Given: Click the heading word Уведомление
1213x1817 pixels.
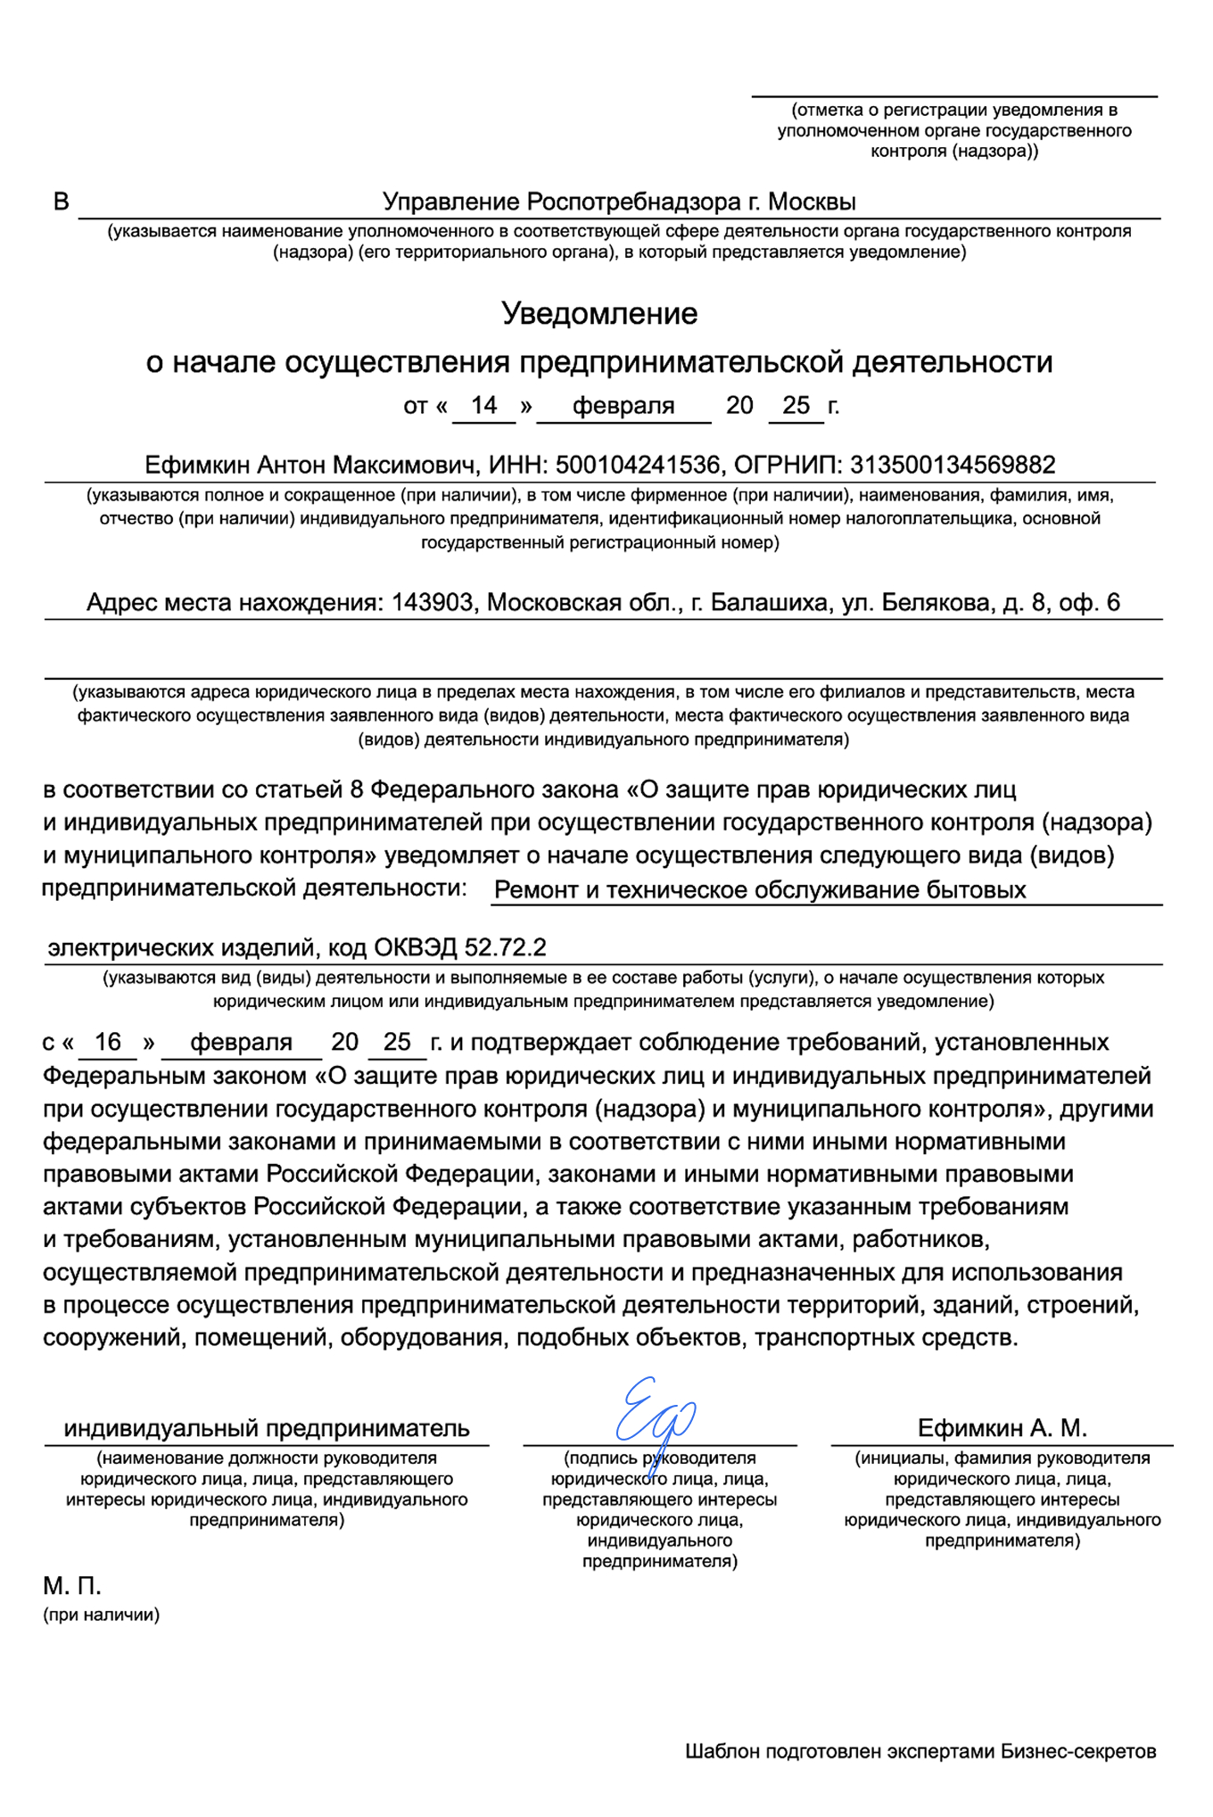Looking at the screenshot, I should (x=599, y=314).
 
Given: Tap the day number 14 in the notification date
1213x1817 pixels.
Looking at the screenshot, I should (x=483, y=406).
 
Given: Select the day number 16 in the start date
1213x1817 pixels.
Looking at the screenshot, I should (x=107, y=1042).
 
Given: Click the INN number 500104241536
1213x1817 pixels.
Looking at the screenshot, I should (x=637, y=465).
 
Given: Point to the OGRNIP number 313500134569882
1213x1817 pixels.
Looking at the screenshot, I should (x=953, y=465).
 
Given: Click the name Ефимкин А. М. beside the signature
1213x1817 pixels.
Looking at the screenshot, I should (x=1003, y=1428).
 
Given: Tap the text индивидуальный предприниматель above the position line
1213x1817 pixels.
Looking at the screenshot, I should (x=267, y=1428).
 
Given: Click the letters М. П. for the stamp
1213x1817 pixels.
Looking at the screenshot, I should (x=72, y=1586).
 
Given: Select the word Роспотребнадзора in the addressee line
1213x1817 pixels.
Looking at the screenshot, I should (x=636, y=202).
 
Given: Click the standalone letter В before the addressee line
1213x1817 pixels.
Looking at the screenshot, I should (x=61, y=202).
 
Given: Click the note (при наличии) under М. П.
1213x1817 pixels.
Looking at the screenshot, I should (x=101, y=1615).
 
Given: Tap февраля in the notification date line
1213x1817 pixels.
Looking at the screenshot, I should (x=623, y=406).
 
